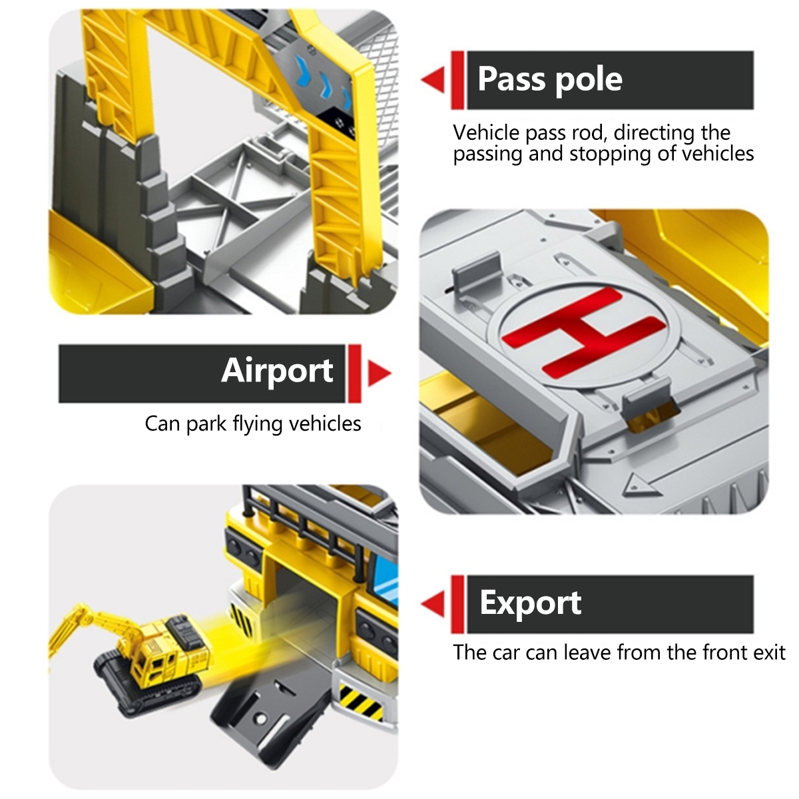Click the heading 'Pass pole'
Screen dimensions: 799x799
pyautogui.click(x=550, y=79)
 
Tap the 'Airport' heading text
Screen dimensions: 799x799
pyautogui.click(x=277, y=371)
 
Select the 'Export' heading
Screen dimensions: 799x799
pyautogui.click(x=530, y=603)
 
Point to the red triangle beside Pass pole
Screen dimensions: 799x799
pyautogui.click(x=433, y=79)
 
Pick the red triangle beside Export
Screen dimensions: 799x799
pyautogui.click(x=433, y=604)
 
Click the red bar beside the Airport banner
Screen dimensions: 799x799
pyautogui.click(x=355, y=373)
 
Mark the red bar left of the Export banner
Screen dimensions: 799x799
pyautogui.click(x=457, y=604)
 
